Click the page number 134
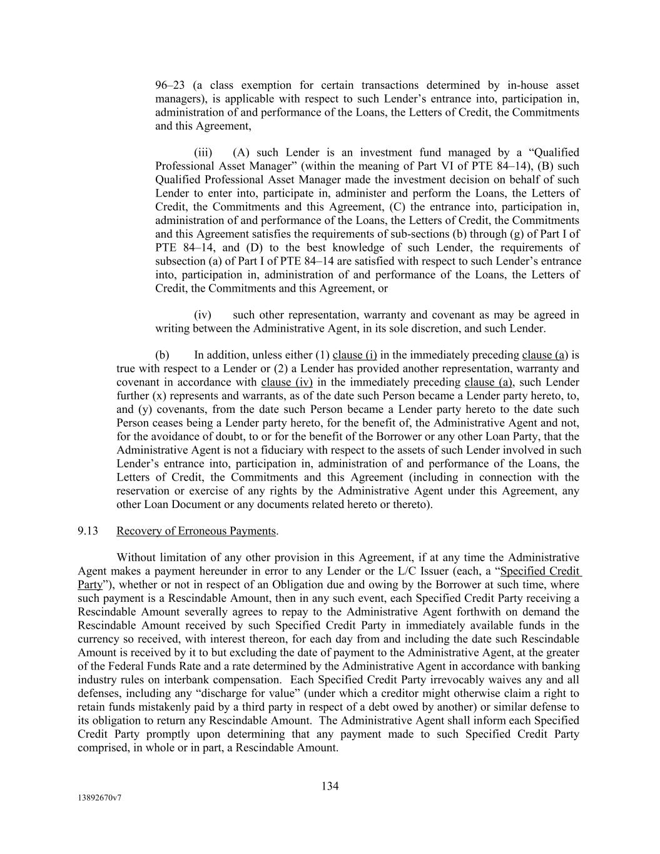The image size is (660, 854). pos(330,786)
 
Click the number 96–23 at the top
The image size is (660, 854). pos(170,85)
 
